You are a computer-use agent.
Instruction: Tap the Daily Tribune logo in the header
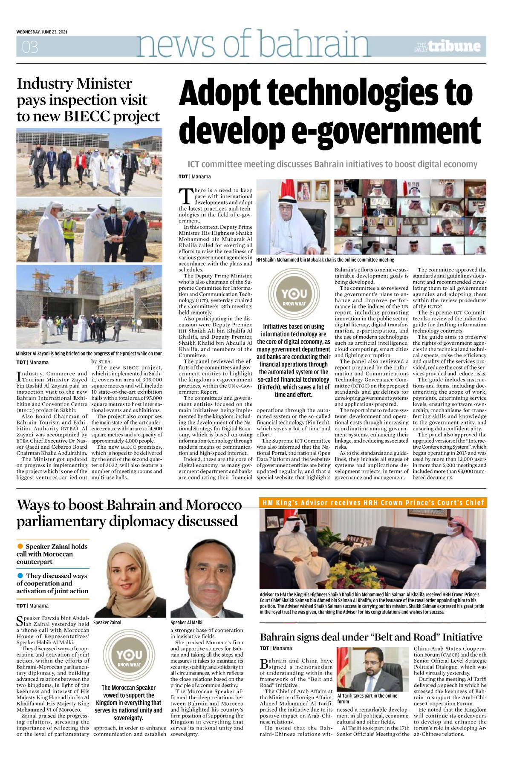tap(447, 46)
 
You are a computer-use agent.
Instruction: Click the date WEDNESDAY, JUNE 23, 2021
tap(42, 32)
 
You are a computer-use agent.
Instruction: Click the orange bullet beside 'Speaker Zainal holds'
tap(20, 546)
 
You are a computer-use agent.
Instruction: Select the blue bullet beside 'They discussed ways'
tap(20, 576)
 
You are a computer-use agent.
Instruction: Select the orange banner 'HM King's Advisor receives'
tap(373, 503)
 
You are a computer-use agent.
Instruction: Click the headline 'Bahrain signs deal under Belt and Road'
tap(371, 637)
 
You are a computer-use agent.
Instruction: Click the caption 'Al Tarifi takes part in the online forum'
tap(367, 698)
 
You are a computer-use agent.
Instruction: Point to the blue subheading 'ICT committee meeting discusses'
tap(332, 164)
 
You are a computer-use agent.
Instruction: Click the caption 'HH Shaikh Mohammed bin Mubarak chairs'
tap(325, 260)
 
